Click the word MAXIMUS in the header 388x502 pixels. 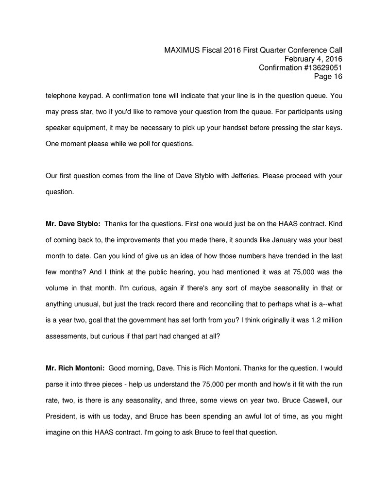pos(182,50)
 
